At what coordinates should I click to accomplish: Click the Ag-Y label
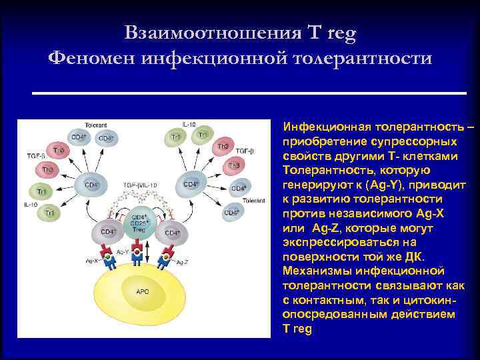123,252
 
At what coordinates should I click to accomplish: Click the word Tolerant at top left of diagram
95,125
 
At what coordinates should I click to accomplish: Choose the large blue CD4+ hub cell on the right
191,184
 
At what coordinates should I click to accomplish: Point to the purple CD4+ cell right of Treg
172,233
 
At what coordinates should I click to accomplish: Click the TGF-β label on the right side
245,151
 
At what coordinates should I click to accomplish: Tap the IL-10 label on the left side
30,203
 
